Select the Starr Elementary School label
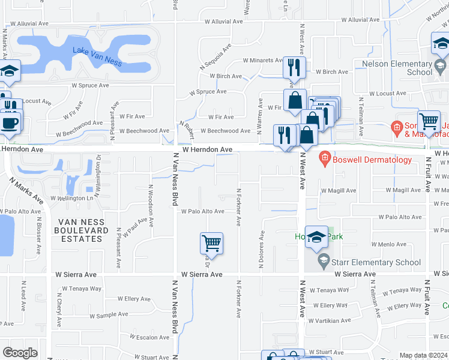[x=373, y=262]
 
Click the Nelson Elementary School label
[x=394, y=68]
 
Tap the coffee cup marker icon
[x=9, y=123]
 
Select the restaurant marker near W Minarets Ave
[x=294, y=67]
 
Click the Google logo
[x=20, y=353]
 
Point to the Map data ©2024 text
[x=423, y=355]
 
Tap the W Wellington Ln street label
[x=72, y=198]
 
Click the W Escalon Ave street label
[x=142, y=337]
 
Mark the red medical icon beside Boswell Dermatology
[x=324, y=159]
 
